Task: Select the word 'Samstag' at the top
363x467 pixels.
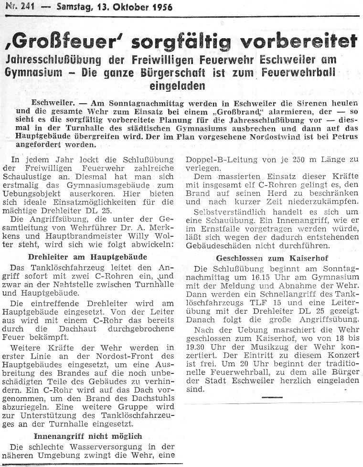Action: (74, 7)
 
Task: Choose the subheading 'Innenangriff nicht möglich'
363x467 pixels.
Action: (88, 436)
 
